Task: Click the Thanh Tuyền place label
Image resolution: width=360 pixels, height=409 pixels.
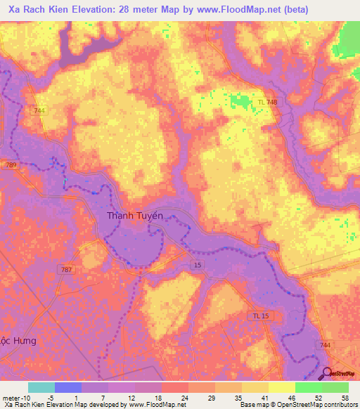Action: (135, 216)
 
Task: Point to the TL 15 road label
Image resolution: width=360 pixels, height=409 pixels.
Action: (261, 316)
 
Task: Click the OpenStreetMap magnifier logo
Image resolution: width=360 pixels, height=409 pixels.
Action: (328, 373)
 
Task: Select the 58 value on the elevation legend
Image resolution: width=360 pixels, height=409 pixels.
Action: (343, 398)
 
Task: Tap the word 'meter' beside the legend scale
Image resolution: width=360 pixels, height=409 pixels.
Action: (12, 398)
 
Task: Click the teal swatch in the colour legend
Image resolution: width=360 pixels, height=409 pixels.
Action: (41, 387)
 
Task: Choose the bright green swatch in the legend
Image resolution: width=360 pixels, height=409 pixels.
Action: (308, 387)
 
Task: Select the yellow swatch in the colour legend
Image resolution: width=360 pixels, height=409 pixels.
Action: (281, 387)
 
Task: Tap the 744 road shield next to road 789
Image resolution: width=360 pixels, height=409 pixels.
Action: (39, 110)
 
